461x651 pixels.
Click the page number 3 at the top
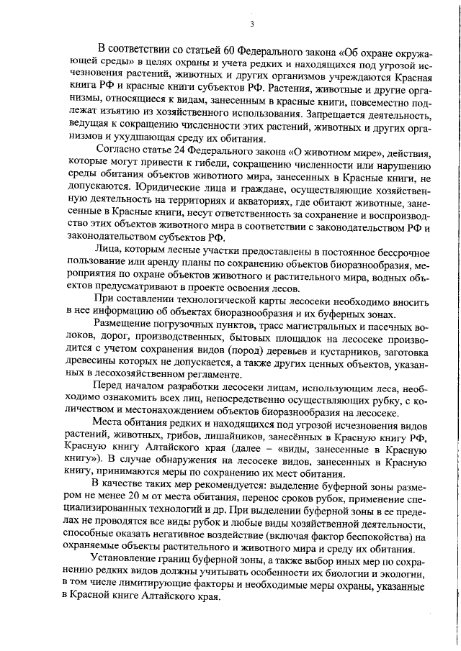(x=252, y=24)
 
